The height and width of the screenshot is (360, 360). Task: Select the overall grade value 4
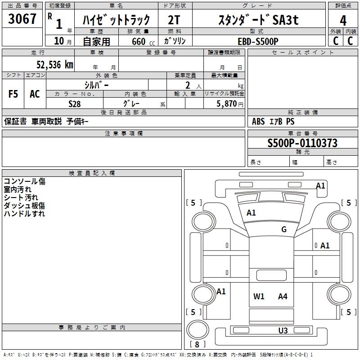pyautogui.click(x=343, y=20)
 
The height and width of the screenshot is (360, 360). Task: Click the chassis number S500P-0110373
pyautogui.click(x=302, y=143)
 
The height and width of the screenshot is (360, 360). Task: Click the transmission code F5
pyautogui.click(x=13, y=94)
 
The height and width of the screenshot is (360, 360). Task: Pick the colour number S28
pyautogui.click(x=74, y=103)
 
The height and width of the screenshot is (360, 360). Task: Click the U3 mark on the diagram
pyautogui.click(x=283, y=330)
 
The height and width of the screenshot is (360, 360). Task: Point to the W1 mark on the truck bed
pyautogui.click(x=259, y=296)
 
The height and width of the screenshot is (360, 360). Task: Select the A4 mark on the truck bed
pyautogui.click(x=283, y=296)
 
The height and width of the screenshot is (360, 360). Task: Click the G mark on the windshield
pyautogui.click(x=283, y=229)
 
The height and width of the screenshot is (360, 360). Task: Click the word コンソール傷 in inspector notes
pyautogui.click(x=25, y=181)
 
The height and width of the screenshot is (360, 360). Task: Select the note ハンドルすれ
pyautogui.click(x=24, y=214)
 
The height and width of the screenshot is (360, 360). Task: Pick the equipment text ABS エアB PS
pyautogui.click(x=273, y=121)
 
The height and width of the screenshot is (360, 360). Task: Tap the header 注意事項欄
pyautogui.click(x=124, y=134)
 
